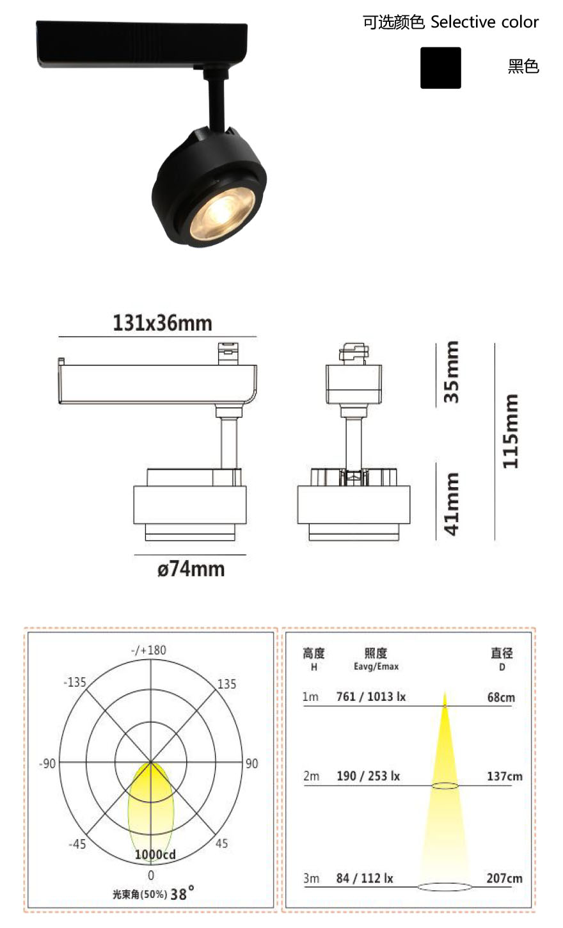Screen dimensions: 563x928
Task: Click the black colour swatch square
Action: pos(440,68)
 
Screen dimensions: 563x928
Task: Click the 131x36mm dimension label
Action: pos(163,323)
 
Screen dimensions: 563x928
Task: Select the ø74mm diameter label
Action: pos(191,569)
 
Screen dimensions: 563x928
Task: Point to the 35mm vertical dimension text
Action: pos(451,372)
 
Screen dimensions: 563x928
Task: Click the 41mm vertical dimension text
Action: pos(451,504)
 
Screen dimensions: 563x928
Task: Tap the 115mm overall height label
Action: pos(510,431)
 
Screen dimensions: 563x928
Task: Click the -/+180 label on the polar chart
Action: pos(148,650)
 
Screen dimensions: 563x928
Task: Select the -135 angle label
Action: pos(75,682)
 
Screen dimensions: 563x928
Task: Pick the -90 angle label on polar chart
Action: pos(47,764)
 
